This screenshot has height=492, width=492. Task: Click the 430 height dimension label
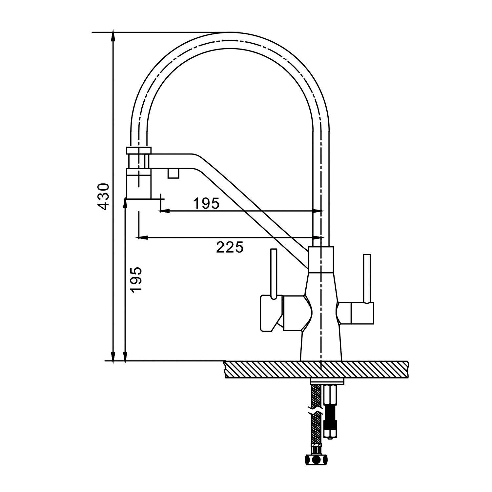[x=103, y=196]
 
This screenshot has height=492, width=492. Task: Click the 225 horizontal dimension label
[x=230, y=247]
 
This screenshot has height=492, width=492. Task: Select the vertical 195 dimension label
[x=136, y=279]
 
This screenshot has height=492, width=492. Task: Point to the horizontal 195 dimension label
[x=206, y=204]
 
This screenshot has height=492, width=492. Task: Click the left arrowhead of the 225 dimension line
[x=142, y=237]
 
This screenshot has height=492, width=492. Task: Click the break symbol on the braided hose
[x=315, y=410]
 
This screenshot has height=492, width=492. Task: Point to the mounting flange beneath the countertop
[x=327, y=381]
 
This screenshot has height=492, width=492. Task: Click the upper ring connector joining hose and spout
[x=139, y=151]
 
